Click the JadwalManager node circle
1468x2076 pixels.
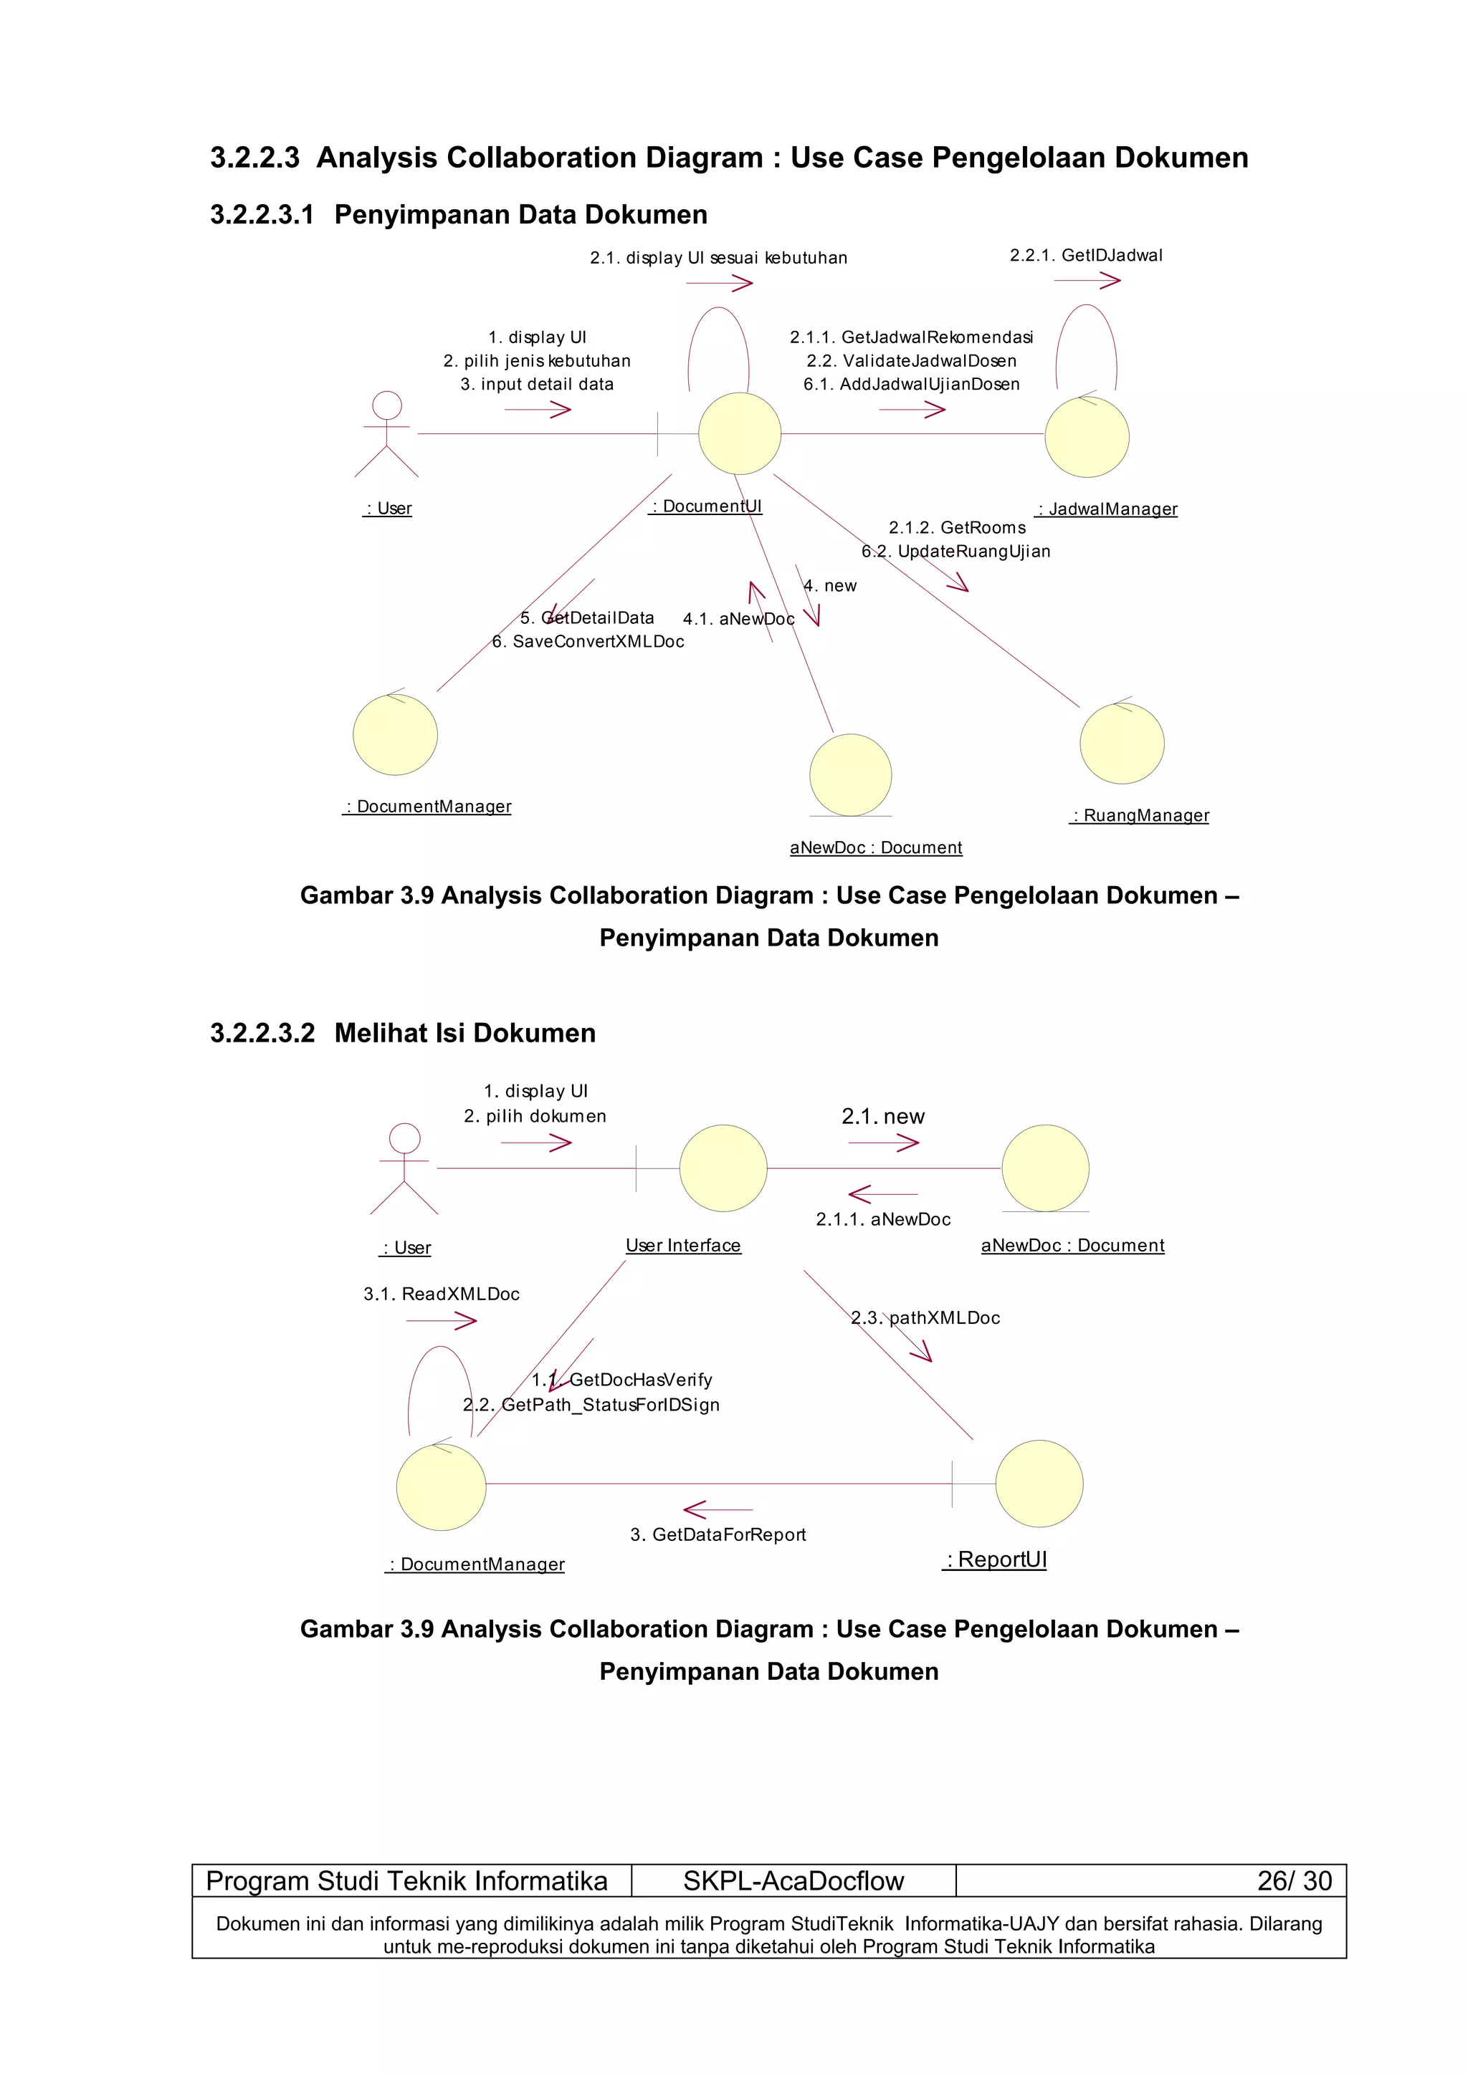pyautogui.click(x=1086, y=437)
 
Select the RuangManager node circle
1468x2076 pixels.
pyautogui.click(x=1122, y=744)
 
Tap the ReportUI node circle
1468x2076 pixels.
pyautogui.click(x=1039, y=1484)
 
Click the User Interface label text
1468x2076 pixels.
pyautogui.click(x=683, y=1246)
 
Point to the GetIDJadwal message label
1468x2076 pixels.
pyautogui.click(x=1085, y=256)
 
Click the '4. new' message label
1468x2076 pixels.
pyautogui.click(x=830, y=586)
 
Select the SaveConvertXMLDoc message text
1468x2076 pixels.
pyautogui.click(x=588, y=642)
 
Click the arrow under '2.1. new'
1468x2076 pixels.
pyautogui.click(x=883, y=1143)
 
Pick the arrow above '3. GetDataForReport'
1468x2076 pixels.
pyautogui.click(x=718, y=1509)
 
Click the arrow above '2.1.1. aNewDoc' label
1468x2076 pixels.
pyautogui.click(x=883, y=1194)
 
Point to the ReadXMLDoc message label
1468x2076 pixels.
pyautogui.click(x=442, y=1294)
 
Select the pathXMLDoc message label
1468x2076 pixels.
pyautogui.click(x=925, y=1318)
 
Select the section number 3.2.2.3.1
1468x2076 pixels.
pyautogui.click(x=262, y=214)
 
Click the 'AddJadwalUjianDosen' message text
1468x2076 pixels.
pyautogui.click(x=912, y=384)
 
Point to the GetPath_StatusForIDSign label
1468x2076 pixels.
pyautogui.click(x=591, y=1405)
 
